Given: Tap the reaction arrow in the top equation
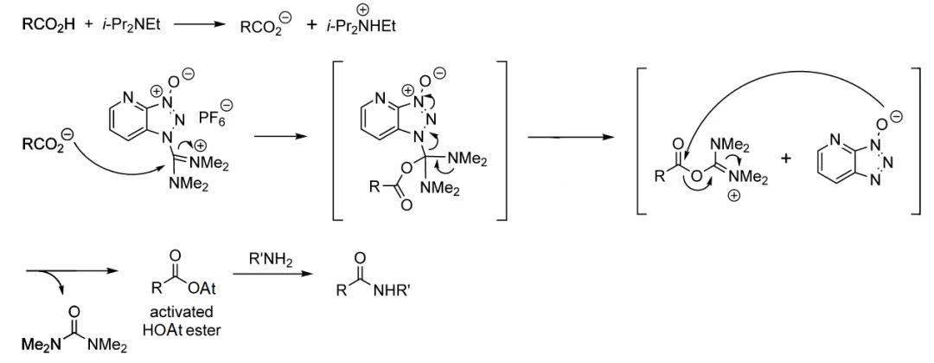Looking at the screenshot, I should click(x=198, y=24).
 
